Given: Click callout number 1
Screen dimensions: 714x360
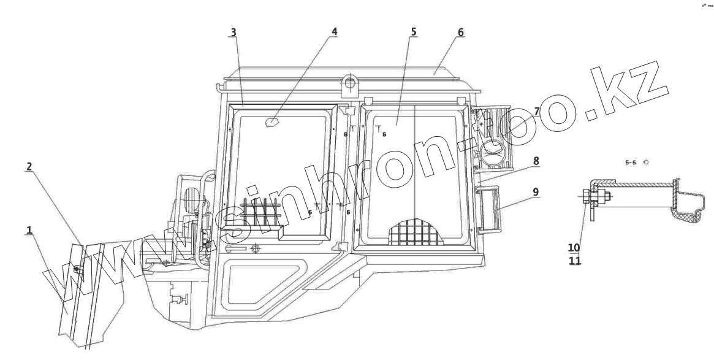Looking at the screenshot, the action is click(29, 230).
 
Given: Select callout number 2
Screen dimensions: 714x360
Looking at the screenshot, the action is click(29, 166).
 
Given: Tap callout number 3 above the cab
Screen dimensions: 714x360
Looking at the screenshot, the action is click(233, 31).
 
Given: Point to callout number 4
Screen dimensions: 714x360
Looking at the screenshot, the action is click(334, 31).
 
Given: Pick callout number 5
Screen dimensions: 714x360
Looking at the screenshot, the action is click(414, 31).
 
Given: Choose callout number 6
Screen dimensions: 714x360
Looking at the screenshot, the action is click(460, 31).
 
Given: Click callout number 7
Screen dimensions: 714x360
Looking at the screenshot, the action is click(536, 112).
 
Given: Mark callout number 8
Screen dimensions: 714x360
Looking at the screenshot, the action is click(536, 161).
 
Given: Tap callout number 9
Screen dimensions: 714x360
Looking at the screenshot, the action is click(536, 192).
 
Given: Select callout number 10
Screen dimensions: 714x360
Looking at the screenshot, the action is click(574, 247).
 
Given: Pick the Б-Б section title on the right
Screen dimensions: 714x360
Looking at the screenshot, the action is click(631, 163).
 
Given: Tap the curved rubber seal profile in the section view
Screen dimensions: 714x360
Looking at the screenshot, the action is click(689, 212).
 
